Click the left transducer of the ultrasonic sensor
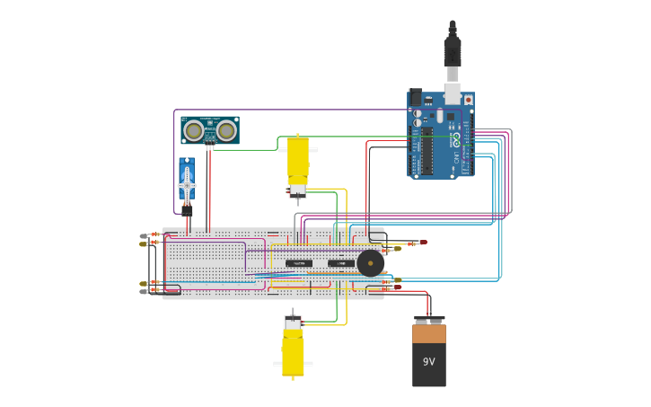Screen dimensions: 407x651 click(x=193, y=131)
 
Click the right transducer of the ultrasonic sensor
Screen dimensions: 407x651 click(x=226, y=131)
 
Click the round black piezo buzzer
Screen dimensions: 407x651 click(x=370, y=263)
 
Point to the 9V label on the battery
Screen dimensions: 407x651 click(x=428, y=362)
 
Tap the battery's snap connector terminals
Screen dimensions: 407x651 click(x=428, y=319)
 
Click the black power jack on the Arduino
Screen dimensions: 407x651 click(x=415, y=97)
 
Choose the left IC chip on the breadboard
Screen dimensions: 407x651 click(x=299, y=263)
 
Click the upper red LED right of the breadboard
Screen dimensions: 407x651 click(x=421, y=242)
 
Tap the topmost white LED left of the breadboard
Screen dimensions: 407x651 click(x=145, y=235)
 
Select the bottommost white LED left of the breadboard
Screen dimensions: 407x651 click(x=145, y=291)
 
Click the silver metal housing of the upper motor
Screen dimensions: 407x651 click(x=297, y=190)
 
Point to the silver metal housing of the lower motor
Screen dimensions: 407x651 click(x=293, y=322)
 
